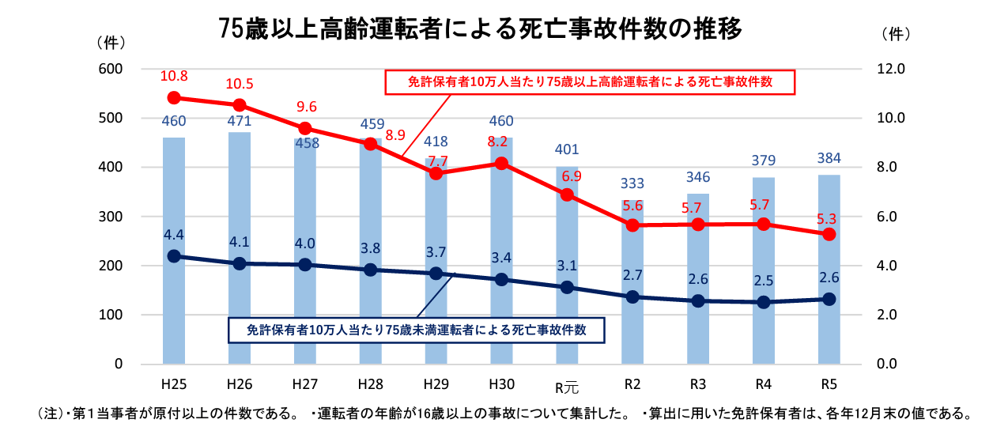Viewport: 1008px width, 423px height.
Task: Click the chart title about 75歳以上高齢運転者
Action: pyautogui.click(x=481, y=30)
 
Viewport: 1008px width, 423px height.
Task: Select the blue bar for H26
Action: pyautogui.click(x=240, y=253)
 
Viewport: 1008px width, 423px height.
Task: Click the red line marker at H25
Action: pyautogui.click(x=174, y=98)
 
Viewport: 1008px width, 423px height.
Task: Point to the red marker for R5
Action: pyautogui.click(x=829, y=234)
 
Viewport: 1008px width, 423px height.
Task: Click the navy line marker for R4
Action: pyautogui.click(x=763, y=302)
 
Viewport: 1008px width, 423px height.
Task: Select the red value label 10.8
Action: pyautogui.click(x=174, y=77)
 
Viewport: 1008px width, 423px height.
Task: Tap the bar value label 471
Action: pyautogui.click(x=239, y=121)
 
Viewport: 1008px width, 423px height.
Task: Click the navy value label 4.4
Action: pyautogui.click(x=174, y=235)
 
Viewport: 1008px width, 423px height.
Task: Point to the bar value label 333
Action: pyautogui.click(x=632, y=183)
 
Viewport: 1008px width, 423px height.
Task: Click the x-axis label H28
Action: pyautogui.click(x=370, y=385)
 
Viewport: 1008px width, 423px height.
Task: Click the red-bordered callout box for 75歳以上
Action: pyautogui.click(x=589, y=82)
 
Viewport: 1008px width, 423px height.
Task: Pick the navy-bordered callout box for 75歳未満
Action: pyautogui.click(x=416, y=330)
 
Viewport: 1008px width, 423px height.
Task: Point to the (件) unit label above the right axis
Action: pyautogui.click(x=895, y=34)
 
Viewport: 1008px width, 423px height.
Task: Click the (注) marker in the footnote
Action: pyautogui.click(x=51, y=413)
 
